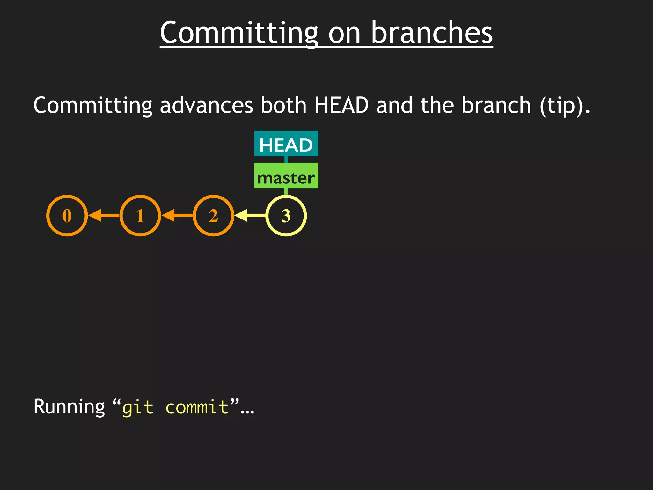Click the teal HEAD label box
[x=286, y=144]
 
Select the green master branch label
[x=286, y=176]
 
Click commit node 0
[x=67, y=216]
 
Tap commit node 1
[x=140, y=216]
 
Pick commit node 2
[x=213, y=216]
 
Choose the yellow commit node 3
[x=286, y=216]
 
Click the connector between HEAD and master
[x=286, y=160]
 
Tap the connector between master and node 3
[x=286, y=191]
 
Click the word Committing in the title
[x=239, y=33]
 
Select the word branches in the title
[x=432, y=33]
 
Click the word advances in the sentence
[x=206, y=105]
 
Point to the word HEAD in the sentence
[x=341, y=105]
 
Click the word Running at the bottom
[x=69, y=407]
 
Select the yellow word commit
[x=197, y=407]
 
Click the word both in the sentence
[x=283, y=105]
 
